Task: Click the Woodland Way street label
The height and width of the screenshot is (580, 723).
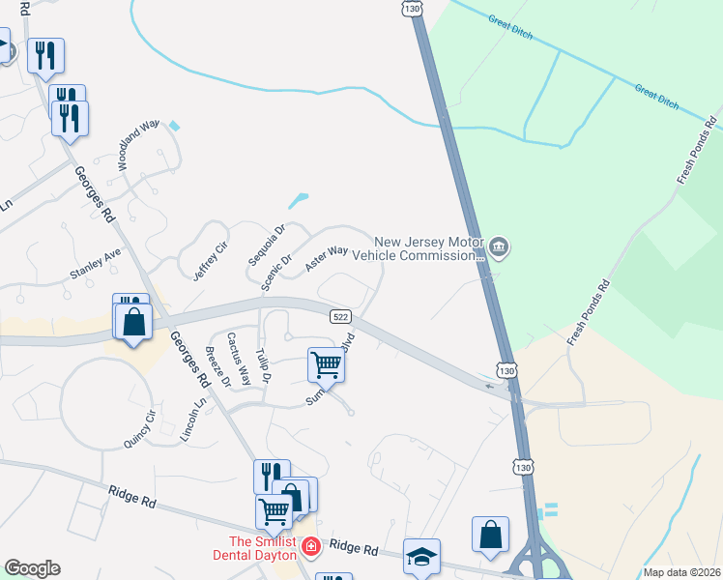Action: (138, 145)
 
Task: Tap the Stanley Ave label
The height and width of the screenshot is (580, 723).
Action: (95, 264)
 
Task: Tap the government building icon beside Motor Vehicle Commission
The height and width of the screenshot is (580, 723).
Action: (499, 248)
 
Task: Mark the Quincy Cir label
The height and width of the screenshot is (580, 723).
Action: (139, 429)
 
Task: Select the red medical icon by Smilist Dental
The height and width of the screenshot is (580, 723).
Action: (310, 548)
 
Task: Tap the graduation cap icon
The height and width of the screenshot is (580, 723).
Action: (421, 556)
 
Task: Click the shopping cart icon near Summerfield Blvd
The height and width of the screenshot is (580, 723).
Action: (326, 365)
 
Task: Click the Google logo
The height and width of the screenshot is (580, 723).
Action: (32, 568)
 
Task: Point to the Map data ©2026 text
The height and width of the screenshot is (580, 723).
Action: (680, 572)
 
